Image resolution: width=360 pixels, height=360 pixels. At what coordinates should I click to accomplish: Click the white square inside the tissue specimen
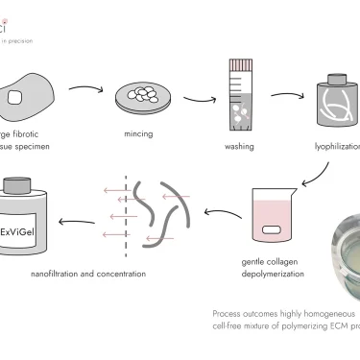14,97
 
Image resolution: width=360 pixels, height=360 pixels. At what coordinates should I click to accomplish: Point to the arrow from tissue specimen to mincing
85,94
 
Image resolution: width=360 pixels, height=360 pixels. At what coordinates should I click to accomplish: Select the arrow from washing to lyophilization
289,96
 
